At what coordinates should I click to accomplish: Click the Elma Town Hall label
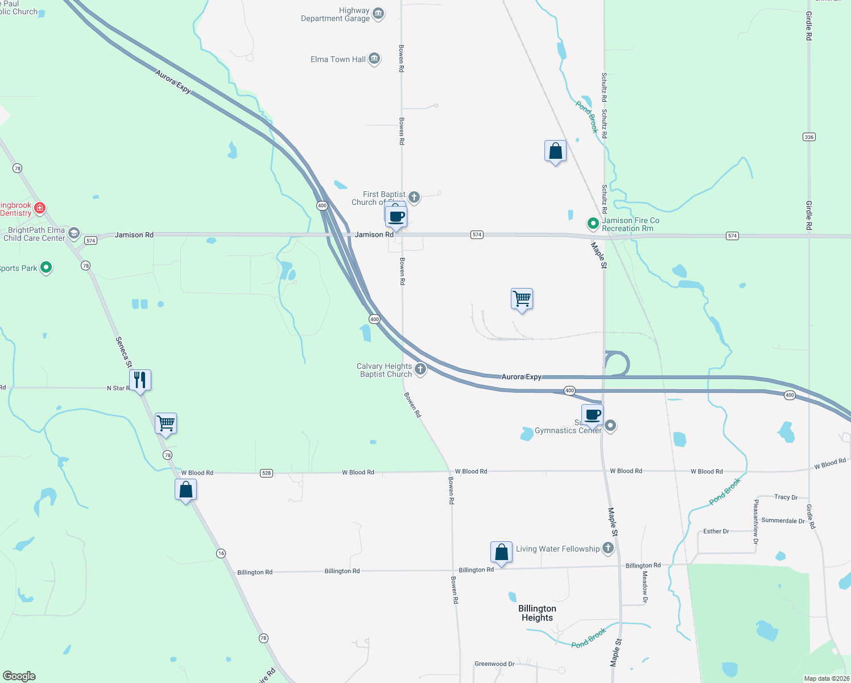338,59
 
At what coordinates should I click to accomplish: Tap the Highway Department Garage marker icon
378,14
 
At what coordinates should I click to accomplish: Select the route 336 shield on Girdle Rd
809,137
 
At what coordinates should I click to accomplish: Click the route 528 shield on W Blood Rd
266,473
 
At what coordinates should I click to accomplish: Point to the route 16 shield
221,553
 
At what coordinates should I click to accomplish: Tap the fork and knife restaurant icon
140,380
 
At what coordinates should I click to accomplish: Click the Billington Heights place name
537,613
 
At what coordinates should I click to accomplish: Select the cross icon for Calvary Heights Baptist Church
420,369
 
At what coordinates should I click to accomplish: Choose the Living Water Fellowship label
557,549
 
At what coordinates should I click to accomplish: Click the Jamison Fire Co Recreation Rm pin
593,224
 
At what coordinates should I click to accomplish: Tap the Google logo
19,676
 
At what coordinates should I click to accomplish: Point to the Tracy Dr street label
786,497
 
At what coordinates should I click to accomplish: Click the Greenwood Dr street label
494,664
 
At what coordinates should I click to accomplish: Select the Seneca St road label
123,352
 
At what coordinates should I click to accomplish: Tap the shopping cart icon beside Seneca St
166,423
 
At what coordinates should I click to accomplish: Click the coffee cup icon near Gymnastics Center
592,415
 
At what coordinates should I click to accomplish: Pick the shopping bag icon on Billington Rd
501,552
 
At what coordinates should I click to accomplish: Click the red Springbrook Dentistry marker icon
40,208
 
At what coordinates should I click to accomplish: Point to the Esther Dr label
716,531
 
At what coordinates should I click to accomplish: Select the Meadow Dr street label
645,587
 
